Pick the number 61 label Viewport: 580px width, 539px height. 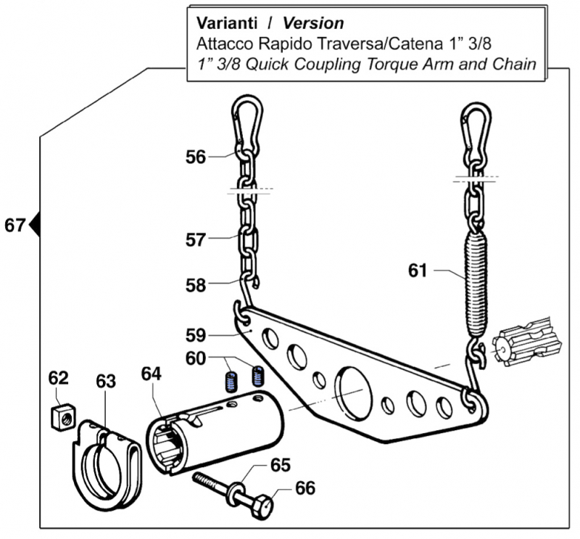pyautogui.click(x=417, y=271)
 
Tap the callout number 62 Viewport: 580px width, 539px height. pyautogui.click(x=58, y=379)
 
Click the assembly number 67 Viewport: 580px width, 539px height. pyautogui.click(x=14, y=225)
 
